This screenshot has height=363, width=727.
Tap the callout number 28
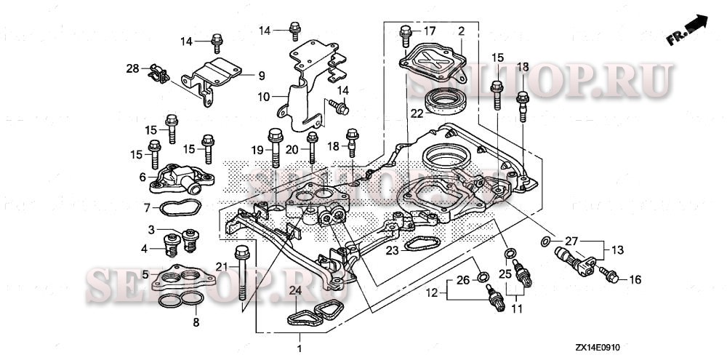pos(132,68)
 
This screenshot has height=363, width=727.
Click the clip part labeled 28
pos(156,73)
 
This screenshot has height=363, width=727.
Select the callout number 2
pos(461,31)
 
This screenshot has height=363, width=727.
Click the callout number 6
pos(143,177)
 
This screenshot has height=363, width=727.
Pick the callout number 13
pos(617,250)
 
